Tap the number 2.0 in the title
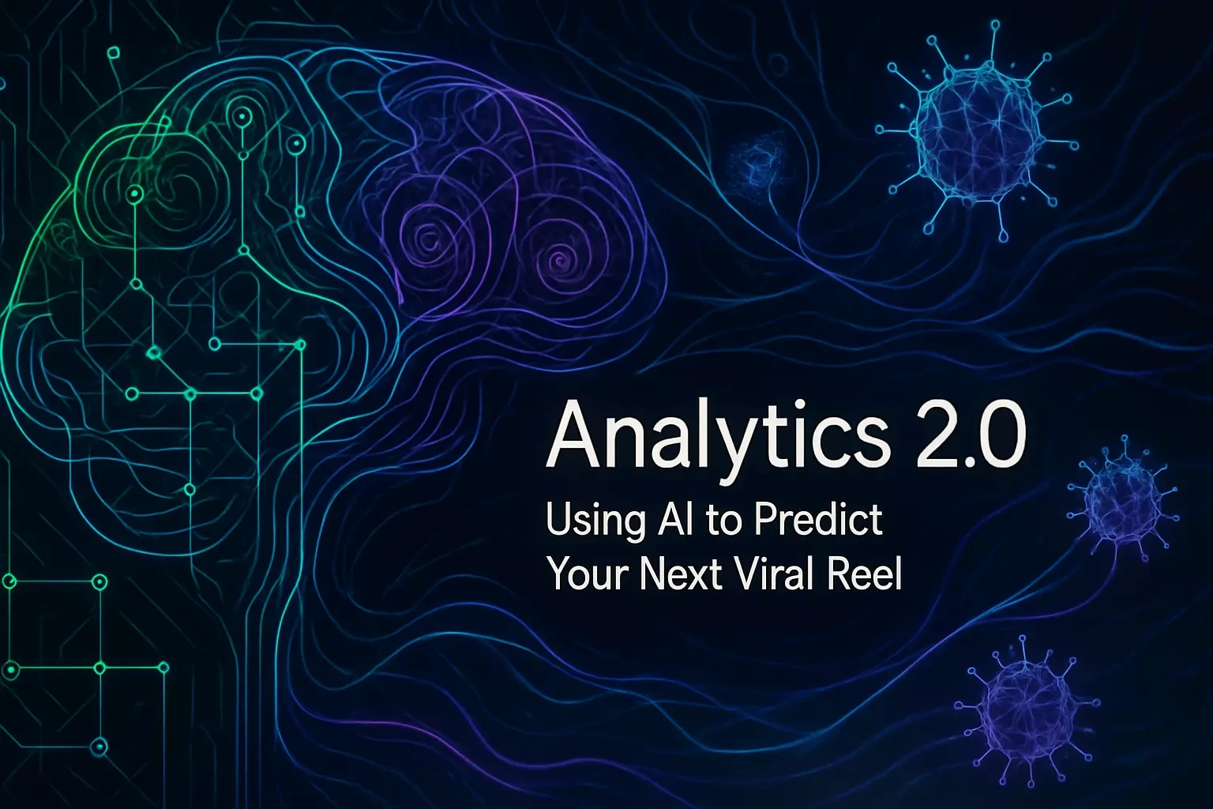tap(971, 435)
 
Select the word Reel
tap(869, 573)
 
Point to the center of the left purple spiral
tap(430, 238)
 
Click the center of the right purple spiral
tap(558, 253)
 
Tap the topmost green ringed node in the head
tap(240, 115)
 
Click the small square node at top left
tap(113, 53)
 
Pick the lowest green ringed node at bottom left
tap(99, 747)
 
